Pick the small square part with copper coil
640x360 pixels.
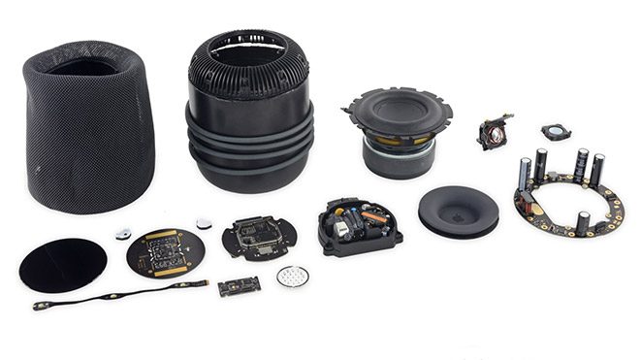pyautogui.click(x=496, y=133)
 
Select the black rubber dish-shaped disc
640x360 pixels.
pyautogui.click(x=458, y=211)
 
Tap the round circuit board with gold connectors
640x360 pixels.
pyautogui.click(x=165, y=251)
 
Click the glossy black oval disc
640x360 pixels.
pyautogui.click(x=63, y=266)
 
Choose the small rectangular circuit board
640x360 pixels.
pyautogui.click(x=239, y=285)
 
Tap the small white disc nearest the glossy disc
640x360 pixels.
pyautogui.click(x=124, y=233)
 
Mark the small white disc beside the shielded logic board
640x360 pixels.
pyautogui.click(x=204, y=223)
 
